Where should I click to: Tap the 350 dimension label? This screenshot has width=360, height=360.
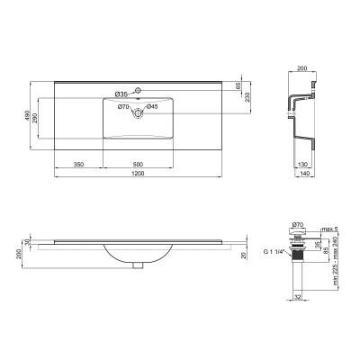(x=78, y=164)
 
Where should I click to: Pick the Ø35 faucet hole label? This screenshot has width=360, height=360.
(x=122, y=94)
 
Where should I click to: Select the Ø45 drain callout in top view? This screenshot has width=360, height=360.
(x=153, y=107)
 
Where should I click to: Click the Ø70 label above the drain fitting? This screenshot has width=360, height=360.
(x=298, y=221)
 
